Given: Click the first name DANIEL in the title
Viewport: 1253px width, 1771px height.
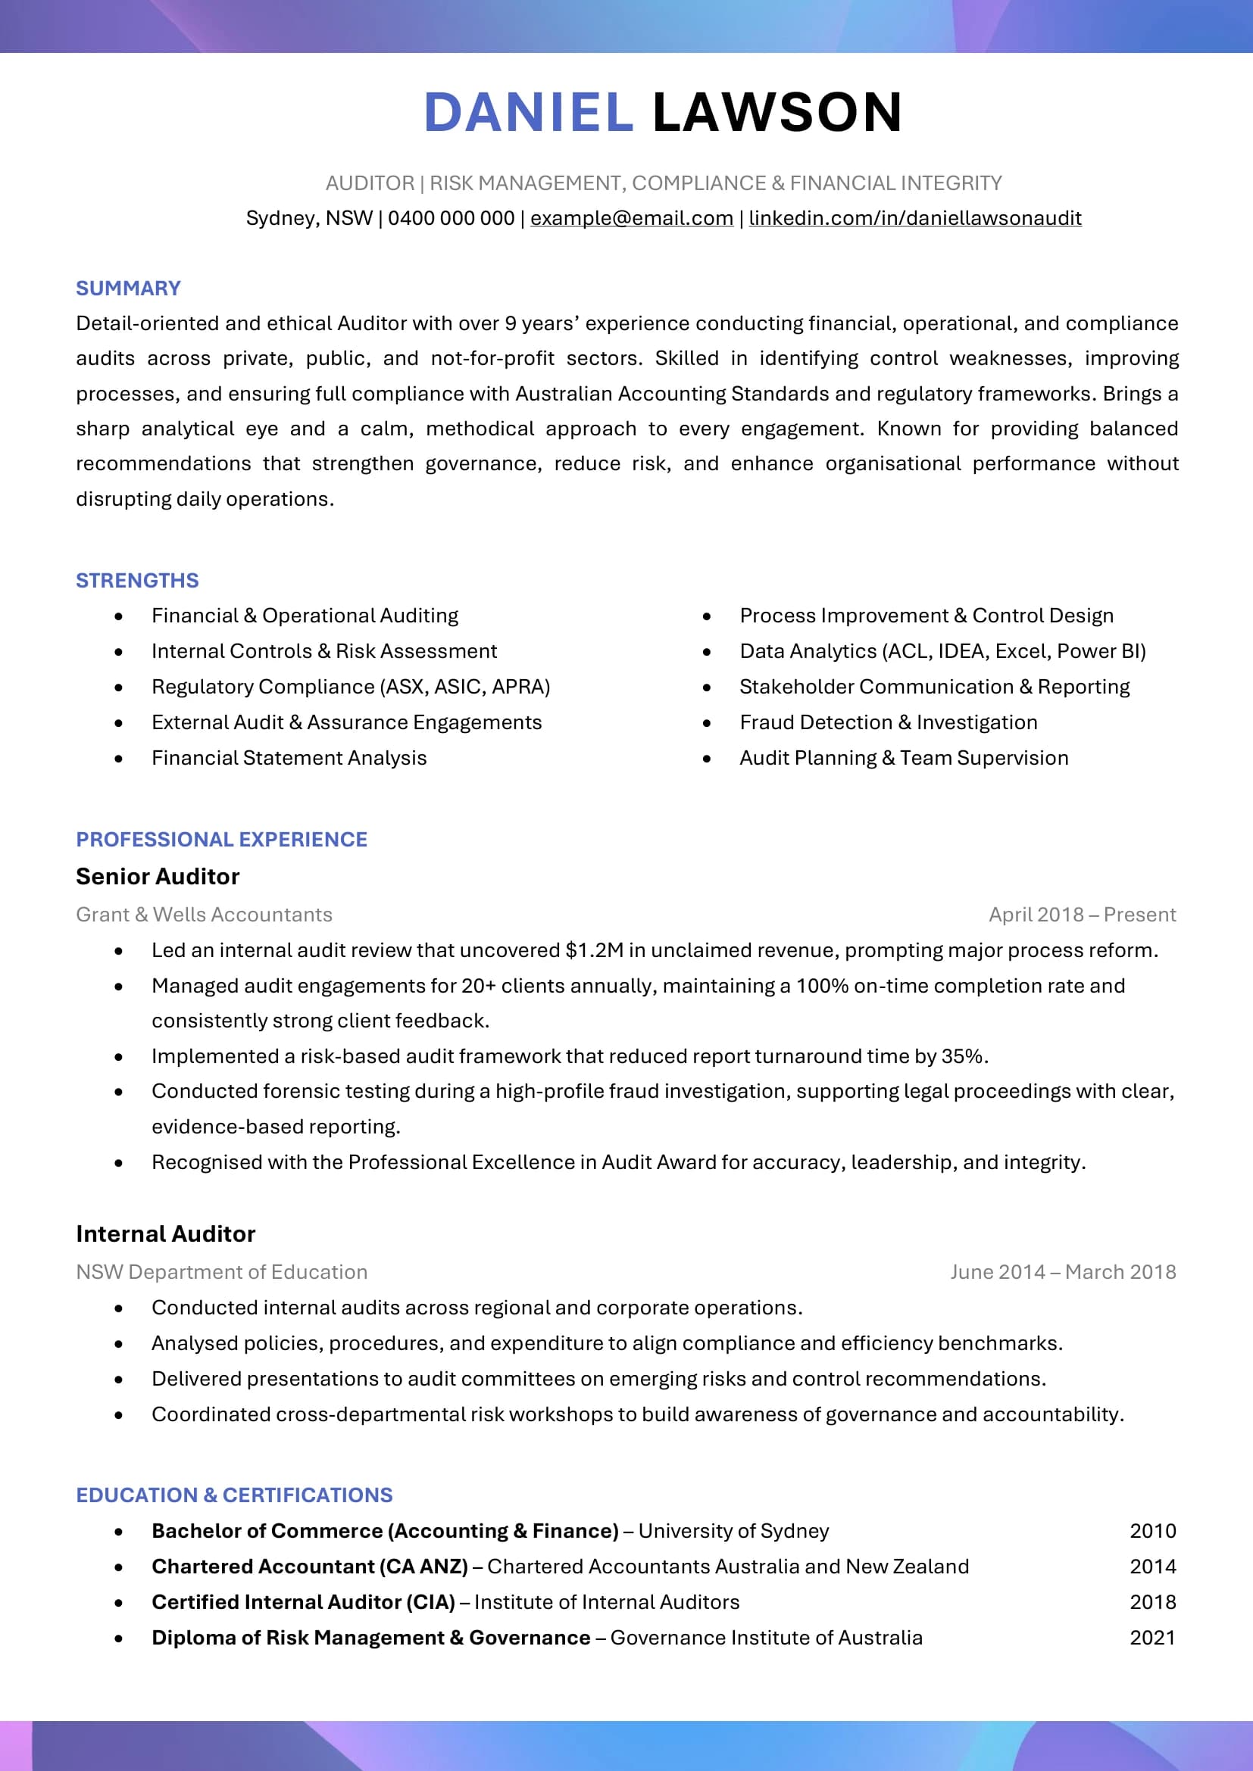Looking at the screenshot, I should point(529,113).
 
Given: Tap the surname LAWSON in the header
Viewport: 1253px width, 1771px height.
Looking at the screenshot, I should point(777,113).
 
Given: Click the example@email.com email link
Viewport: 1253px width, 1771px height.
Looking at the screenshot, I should point(631,218).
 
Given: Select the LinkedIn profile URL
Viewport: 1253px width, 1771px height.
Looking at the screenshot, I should point(914,218).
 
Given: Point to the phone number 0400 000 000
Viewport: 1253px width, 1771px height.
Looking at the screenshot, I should point(451,218).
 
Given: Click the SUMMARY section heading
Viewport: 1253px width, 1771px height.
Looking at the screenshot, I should point(128,288).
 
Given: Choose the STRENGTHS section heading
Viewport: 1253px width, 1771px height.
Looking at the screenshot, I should point(137,581).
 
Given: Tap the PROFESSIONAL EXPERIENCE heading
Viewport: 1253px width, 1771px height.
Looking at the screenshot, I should point(221,839).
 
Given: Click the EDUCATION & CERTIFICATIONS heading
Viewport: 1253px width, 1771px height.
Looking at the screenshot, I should point(234,1495).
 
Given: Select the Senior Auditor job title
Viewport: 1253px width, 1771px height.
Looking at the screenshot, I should point(158,877).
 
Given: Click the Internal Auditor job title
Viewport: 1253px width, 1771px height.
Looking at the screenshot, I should point(165,1234).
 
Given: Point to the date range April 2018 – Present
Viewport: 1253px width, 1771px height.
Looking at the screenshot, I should point(1082,915).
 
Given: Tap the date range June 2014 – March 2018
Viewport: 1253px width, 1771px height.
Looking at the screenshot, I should point(1062,1272).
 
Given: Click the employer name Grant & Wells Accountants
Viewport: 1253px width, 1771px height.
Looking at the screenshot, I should point(204,915).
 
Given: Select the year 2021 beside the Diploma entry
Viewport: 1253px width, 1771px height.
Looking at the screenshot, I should point(1152,1638).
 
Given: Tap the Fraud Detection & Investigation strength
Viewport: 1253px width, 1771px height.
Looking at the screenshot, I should point(888,723).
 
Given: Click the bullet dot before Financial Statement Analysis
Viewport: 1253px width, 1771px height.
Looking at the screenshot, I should point(118,759).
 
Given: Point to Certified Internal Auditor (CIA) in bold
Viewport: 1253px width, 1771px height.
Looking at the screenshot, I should point(303,1602).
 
